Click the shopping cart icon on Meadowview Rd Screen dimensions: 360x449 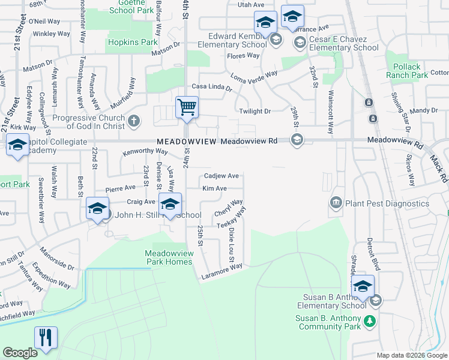tap(187, 108)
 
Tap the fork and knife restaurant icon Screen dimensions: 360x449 tap(46, 338)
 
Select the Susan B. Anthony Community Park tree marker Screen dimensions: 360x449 tap(372, 320)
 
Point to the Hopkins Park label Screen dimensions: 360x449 tap(131, 43)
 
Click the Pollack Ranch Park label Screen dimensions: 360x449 tap(407, 71)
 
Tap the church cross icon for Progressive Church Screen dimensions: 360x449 tap(134, 121)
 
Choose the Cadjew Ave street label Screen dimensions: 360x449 tap(221, 176)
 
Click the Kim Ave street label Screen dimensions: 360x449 tap(214, 188)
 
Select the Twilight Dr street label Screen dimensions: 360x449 tap(255, 112)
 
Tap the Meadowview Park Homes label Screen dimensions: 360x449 tap(169, 257)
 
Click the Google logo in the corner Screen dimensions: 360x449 tap(20, 353)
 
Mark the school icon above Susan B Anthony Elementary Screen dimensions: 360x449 tap(363, 286)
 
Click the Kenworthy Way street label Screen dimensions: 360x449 tap(145, 152)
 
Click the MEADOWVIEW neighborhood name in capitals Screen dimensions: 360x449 tap(186, 142)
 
